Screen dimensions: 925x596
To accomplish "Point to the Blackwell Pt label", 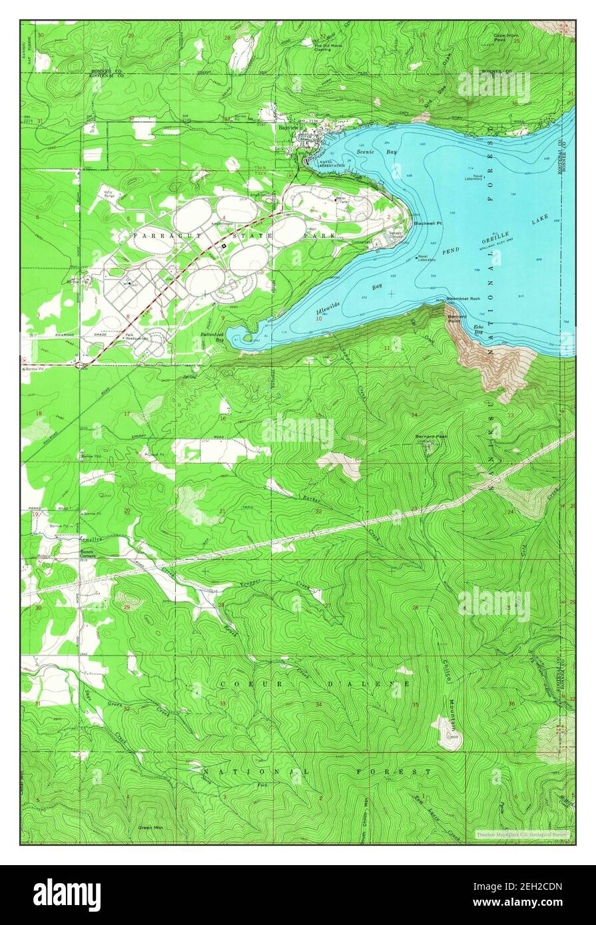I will tap(428, 224).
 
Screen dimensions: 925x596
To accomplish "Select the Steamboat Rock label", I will tap(463, 299).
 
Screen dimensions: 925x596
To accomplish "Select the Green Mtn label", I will tap(148, 827).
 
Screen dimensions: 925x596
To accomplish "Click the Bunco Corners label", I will tap(88, 554).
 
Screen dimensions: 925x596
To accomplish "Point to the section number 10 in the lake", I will tap(319, 319).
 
